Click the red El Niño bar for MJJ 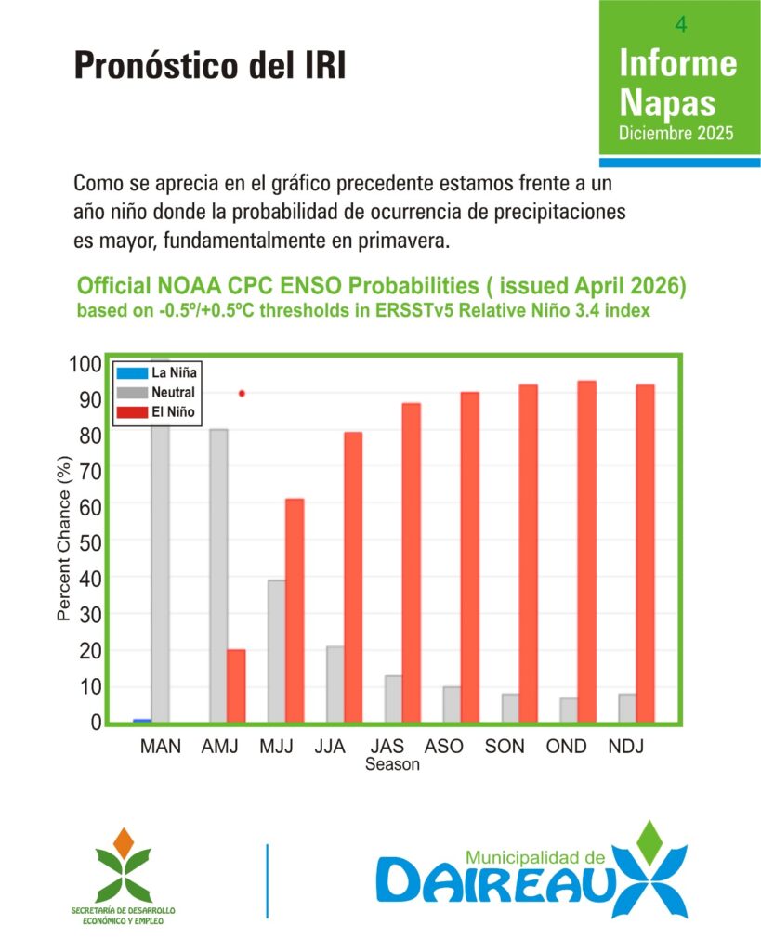295,610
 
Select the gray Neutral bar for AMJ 218,576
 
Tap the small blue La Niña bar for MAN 142,721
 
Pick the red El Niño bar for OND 587,552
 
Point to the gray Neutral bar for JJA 335,684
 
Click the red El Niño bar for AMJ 236,686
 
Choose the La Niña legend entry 157,372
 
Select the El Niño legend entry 155,411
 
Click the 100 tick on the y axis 85,364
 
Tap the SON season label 505,746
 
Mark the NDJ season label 625,746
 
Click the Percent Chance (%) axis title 64,538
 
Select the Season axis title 392,764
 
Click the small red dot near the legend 243,394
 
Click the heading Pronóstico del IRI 210,65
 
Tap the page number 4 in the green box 681,24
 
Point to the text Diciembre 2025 676,133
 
